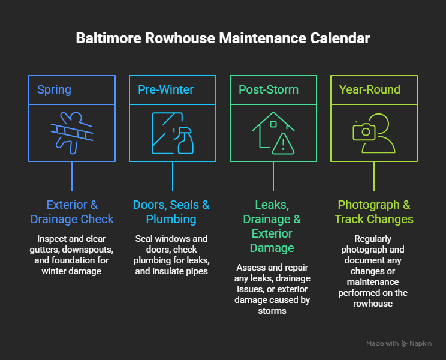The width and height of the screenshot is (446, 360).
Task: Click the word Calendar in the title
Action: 340,38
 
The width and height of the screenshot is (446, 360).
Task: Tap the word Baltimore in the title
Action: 109,38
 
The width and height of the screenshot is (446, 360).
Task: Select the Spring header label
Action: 54,90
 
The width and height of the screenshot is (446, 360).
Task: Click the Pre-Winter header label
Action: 165,89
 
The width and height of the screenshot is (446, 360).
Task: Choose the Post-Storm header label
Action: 269,89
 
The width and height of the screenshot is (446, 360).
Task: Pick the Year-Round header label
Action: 370,89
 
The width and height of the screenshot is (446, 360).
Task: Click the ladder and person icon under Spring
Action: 72,133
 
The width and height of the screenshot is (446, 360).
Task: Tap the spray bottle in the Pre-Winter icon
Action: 185,140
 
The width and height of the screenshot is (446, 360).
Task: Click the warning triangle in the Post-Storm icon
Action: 283,144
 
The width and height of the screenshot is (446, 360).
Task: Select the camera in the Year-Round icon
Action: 364,131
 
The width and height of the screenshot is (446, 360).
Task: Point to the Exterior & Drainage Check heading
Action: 72,212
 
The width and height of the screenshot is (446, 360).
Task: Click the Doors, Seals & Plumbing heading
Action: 171,212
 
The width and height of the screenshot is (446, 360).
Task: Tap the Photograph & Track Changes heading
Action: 373,212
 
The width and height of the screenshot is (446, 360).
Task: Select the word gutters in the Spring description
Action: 44,250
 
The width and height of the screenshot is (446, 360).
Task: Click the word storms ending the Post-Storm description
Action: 272,311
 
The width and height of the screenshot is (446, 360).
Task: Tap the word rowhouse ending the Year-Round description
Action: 373,304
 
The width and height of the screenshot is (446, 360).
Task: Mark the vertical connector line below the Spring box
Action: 72,176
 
